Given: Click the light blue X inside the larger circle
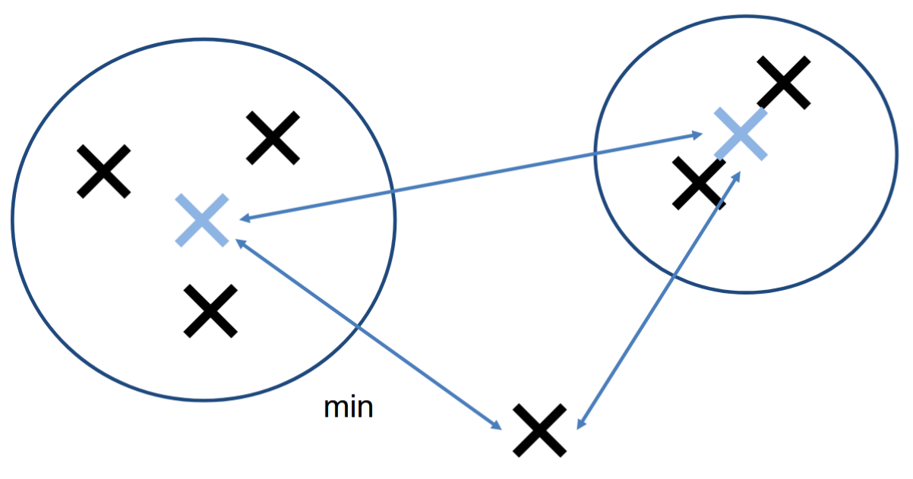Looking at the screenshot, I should click(201, 220).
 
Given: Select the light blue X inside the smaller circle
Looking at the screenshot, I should click(740, 134).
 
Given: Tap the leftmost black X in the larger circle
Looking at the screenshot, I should click(104, 172).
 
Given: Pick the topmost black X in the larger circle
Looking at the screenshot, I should click(273, 137).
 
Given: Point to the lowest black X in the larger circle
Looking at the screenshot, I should click(210, 310).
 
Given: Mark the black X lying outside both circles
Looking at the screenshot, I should click(539, 430).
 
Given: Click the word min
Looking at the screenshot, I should click(349, 408).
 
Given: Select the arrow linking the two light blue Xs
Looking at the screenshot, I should click(471, 178).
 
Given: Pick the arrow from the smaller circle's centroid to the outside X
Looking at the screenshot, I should click(657, 300).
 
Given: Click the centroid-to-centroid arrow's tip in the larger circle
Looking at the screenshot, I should click(242, 219).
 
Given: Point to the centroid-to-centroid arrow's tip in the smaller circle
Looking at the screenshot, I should click(699, 136).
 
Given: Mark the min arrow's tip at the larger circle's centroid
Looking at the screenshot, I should click(238, 242).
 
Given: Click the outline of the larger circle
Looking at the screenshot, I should click(13, 220).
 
